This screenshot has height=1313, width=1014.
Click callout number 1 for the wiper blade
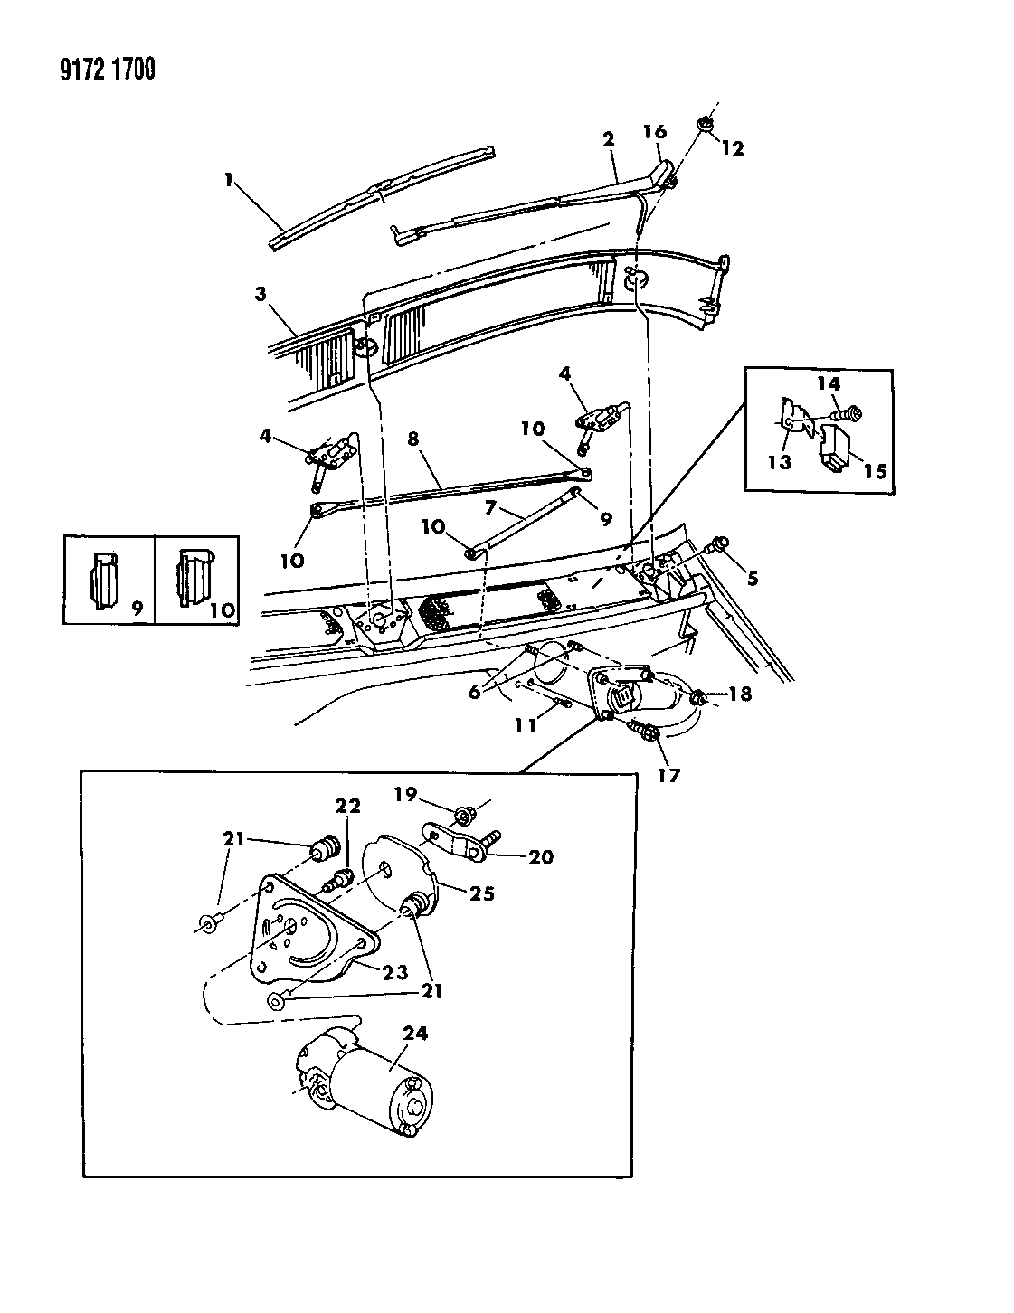(x=230, y=181)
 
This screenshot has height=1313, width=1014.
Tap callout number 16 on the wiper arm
(x=655, y=133)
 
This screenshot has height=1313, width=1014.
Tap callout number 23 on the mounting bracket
(x=394, y=972)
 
